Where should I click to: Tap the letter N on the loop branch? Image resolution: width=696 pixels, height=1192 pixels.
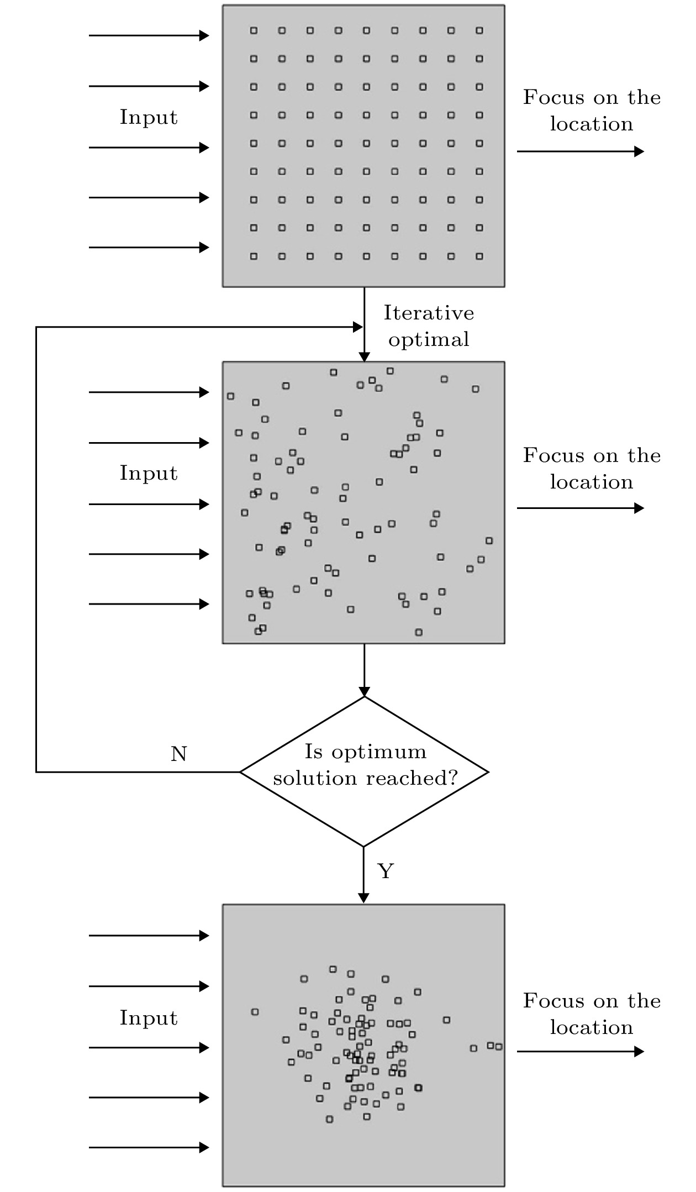point(178,754)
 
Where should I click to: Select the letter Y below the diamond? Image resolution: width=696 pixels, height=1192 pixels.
point(385,871)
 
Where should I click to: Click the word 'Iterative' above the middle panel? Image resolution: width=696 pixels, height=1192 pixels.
point(429,313)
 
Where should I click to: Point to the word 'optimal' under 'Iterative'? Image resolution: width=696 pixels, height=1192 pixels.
point(429,339)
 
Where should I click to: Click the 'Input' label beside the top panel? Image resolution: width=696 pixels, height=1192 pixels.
point(149,117)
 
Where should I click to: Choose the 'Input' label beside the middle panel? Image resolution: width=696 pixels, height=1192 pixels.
point(149,473)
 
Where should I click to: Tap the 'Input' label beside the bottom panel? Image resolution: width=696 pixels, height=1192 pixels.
point(149,1018)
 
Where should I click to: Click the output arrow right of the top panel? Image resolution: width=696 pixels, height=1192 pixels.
point(580,151)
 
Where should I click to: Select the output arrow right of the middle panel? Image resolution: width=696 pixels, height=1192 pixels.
point(580,508)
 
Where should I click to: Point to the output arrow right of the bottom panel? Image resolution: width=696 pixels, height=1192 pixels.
point(580,1051)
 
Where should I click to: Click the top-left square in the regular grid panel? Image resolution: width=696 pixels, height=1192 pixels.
point(254,30)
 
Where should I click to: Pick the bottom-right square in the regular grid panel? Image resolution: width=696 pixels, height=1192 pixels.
point(479,256)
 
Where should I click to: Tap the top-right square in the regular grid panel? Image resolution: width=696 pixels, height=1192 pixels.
point(479,30)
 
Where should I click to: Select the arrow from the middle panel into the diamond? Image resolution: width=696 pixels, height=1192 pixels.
point(364,670)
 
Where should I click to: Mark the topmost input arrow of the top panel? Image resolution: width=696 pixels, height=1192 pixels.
point(149,36)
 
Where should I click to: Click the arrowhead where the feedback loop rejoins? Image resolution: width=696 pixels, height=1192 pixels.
point(358,327)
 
